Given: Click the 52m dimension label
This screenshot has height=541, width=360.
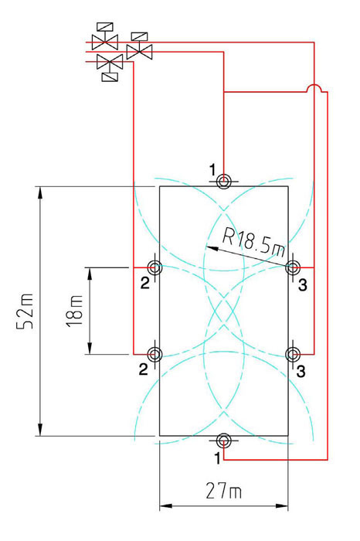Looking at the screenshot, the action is [x=25, y=311].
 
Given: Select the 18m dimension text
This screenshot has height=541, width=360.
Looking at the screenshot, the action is [x=74, y=310].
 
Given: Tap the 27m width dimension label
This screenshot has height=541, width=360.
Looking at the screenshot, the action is [x=223, y=491].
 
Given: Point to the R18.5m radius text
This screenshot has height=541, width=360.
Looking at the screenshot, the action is [x=254, y=242].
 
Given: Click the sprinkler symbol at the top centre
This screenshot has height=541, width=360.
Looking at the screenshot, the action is [x=223, y=181].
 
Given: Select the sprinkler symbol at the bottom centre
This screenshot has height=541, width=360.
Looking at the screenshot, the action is [x=223, y=441].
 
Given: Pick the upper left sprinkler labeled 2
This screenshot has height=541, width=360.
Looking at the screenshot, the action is [x=155, y=267].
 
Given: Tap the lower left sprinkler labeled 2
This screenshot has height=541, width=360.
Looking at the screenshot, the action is [x=155, y=354].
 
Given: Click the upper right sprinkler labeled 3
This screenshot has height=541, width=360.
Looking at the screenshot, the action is [x=293, y=267].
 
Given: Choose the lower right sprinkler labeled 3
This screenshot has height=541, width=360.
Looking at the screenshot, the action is [x=293, y=354].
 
